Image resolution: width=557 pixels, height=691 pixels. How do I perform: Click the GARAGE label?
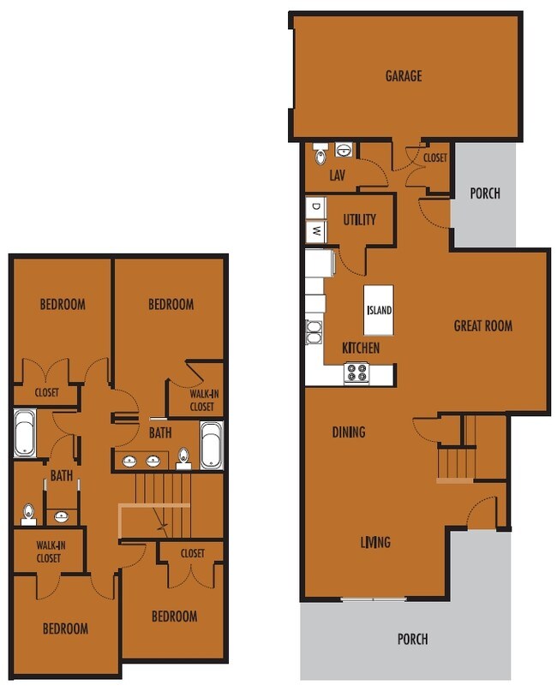click(x=403, y=76)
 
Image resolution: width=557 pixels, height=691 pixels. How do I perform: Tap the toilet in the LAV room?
click(x=321, y=155)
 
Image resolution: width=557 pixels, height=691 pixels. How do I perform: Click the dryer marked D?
click(x=315, y=207)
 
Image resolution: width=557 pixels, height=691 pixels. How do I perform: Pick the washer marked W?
click(x=315, y=230)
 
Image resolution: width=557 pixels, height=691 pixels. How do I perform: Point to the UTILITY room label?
click(x=359, y=220)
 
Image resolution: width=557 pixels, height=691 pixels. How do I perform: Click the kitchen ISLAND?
click(x=379, y=309)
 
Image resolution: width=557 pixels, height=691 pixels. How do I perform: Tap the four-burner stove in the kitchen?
click(x=356, y=373)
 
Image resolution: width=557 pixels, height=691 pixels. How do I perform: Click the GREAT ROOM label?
click(x=482, y=325)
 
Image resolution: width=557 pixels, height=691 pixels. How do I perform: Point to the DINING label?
click(x=348, y=432)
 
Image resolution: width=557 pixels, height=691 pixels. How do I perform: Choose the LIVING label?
click(x=375, y=542)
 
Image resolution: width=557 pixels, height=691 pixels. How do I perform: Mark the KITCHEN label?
click(x=360, y=348)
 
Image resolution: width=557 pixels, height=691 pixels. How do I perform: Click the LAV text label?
click(x=338, y=176)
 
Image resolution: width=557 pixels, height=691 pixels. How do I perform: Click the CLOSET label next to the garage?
click(x=434, y=158)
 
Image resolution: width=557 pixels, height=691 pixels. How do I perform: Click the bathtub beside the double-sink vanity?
click(x=211, y=445)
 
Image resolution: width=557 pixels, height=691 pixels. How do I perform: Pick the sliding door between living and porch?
click(x=373, y=598)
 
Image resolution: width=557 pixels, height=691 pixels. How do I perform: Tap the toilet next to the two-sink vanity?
click(x=183, y=458)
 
